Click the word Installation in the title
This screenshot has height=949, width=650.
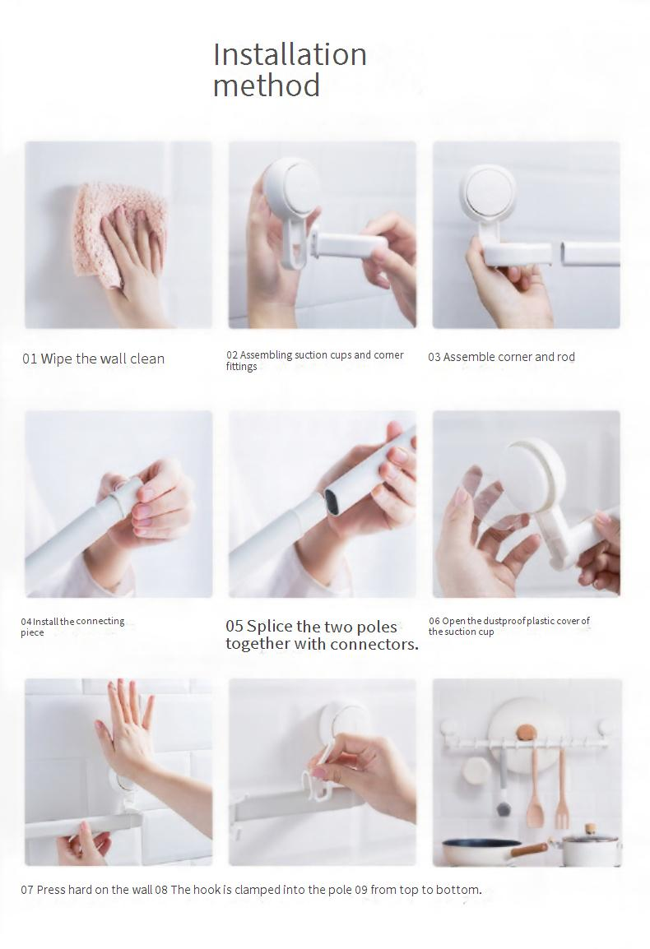point(290,54)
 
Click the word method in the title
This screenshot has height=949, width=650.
point(266,86)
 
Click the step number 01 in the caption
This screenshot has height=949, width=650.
point(30,359)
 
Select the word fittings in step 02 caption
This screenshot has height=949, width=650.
point(241,367)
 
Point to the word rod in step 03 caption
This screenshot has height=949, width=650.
point(566,357)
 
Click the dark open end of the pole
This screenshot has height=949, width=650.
point(332,500)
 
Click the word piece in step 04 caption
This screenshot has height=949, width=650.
point(32,633)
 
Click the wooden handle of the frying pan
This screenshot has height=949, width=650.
point(529,850)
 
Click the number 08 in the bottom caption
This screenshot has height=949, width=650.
point(161,890)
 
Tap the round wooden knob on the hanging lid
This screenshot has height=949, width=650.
point(526,733)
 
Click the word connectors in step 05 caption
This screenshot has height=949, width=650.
point(374,645)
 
